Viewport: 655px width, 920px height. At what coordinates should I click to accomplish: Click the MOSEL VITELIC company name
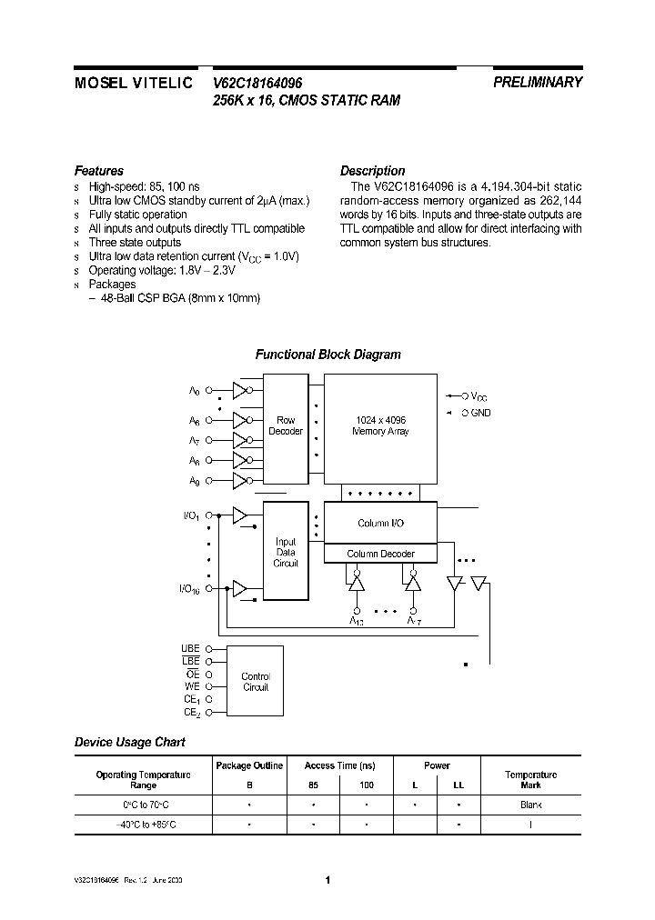(x=133, y=82)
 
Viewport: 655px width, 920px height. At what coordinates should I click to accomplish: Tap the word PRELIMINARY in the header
(x=538, y=82)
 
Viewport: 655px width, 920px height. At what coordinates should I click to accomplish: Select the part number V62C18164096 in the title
(x=257, y=82)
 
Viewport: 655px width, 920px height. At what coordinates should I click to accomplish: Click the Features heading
(x=98, y=171)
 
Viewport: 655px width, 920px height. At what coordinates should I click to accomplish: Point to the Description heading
(x=372, y=171)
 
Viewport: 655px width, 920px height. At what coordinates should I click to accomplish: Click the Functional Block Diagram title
(x=327, y=355)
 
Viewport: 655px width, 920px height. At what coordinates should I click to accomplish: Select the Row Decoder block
(x=286, y=425)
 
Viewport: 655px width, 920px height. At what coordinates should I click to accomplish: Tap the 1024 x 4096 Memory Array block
(x=380, y=425)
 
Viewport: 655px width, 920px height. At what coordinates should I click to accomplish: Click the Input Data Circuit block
(x=286, y=553)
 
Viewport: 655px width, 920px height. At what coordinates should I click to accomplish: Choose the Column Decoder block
(x=380, y=554)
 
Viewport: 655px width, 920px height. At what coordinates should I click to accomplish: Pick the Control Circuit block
(x=256, y=682)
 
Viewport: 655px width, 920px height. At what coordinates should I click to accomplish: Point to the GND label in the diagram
(x=481, y=413)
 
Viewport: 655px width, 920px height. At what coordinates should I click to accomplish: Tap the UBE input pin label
(x=190, y=648)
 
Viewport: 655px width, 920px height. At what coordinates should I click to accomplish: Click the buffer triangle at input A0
(x=239, y=391)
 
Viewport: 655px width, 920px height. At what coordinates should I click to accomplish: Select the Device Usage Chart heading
(x=129, y=742)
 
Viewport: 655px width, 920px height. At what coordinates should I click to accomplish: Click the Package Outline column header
(x=249, y=765)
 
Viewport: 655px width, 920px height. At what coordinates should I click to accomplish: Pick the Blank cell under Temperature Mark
(x=531, y=805)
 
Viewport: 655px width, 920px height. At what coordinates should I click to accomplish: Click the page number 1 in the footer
(x=327, y=880)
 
